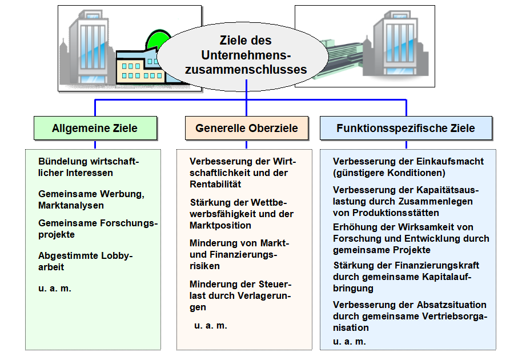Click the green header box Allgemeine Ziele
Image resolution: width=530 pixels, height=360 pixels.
coord(95,128)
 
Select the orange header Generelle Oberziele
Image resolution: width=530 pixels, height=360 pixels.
coord(247,128)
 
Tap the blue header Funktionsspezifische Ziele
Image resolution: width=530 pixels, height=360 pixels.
coord(406,128)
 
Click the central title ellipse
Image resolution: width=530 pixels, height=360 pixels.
coord(243,57)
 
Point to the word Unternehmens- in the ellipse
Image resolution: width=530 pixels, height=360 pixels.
coord(246,55)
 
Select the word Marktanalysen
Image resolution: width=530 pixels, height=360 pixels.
coord(71,205)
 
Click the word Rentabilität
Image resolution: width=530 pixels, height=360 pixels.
coord(215,185)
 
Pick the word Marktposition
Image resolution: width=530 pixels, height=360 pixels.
coord(220,225)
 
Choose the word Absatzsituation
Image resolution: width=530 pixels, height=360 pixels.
coord(452,305)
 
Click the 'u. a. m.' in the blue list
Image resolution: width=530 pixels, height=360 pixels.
coord(349,342)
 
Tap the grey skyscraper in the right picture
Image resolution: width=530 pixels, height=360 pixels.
coord(398,44)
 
